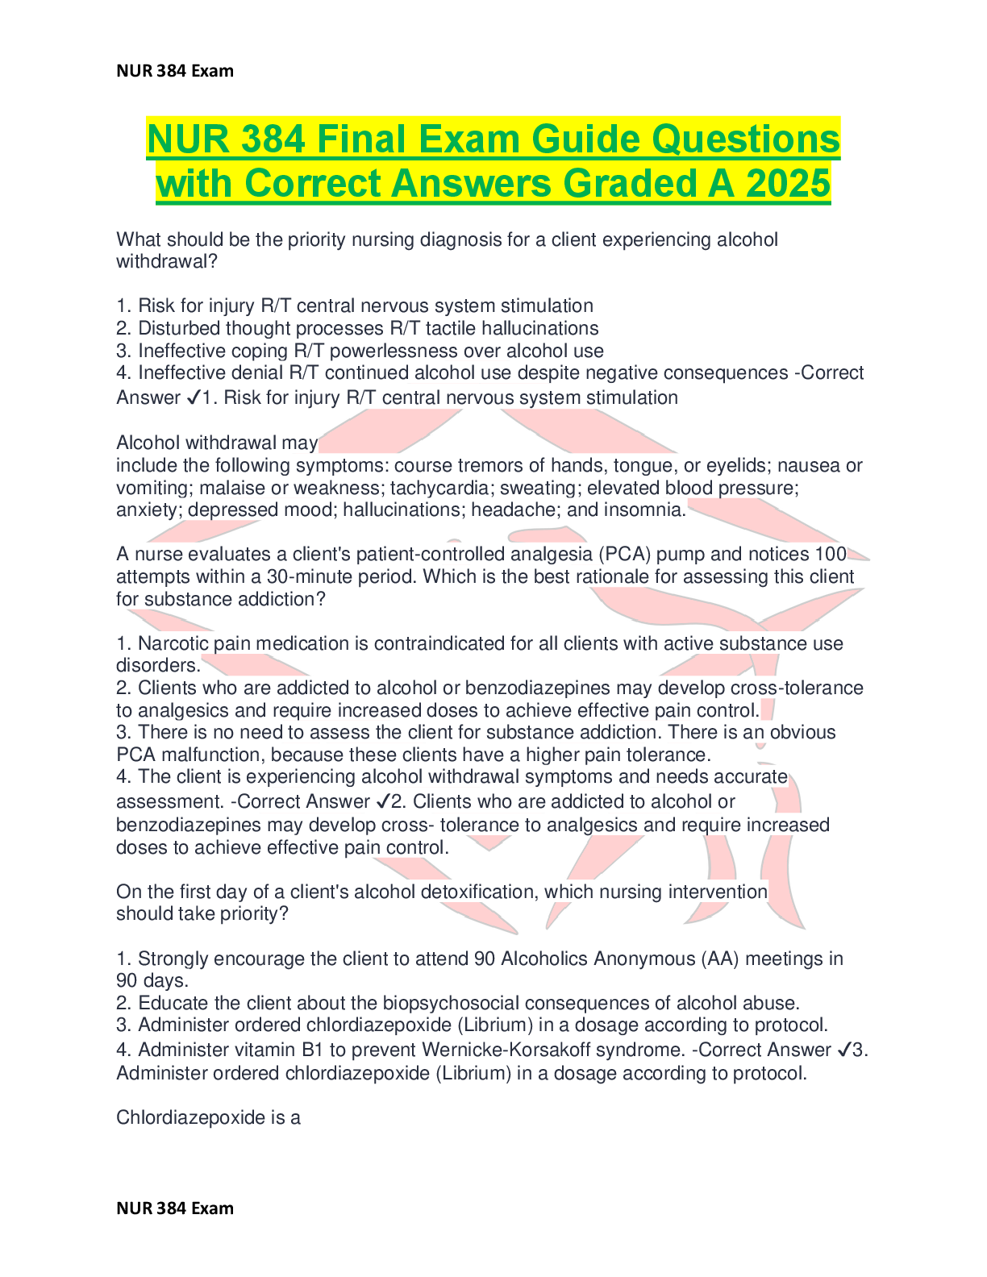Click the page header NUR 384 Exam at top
175,71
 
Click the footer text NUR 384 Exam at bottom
175,1208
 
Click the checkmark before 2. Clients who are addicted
383,801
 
